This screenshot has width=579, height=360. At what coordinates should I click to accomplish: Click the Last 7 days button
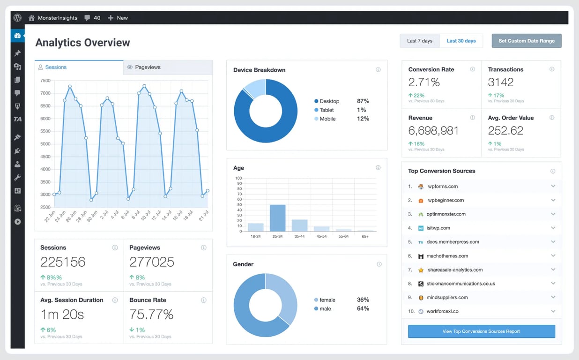click(419, 41)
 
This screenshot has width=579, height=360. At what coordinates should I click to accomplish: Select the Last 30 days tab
click(461, 41)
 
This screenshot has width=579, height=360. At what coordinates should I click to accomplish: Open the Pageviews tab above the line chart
click(147, 67)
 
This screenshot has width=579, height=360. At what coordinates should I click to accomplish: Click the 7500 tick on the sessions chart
click(45, 81)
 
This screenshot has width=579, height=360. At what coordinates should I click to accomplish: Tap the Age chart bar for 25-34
click(277, 218)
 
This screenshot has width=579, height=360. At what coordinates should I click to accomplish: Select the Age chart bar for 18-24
click(255, 227)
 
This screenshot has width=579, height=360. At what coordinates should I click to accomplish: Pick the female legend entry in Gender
click(327, 300)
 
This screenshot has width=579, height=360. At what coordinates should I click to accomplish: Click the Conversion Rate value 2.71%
click(424, 82)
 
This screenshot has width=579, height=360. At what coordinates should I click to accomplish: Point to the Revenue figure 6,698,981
click(433, 131)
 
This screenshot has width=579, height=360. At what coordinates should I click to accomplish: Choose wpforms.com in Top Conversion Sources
click(442, 187)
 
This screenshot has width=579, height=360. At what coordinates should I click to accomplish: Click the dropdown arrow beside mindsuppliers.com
click(553, 297)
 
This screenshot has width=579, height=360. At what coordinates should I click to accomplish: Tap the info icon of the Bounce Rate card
click(203, 300)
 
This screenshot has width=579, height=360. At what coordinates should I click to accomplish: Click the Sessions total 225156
click(63, 262)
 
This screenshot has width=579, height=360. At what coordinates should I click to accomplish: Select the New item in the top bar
click(118, 18)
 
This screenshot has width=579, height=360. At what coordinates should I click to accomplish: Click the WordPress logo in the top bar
click(17, 18)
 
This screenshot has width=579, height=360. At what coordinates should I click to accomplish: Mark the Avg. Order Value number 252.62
click(505, 131)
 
